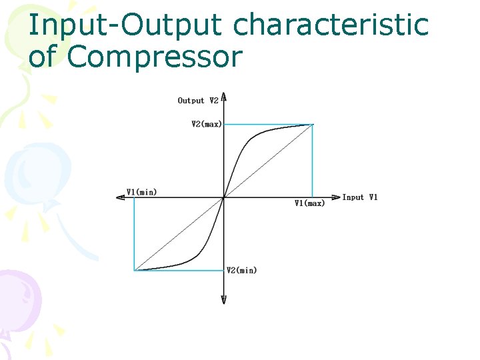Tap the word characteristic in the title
(331, 25)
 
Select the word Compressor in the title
(154, 57)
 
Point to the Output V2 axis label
(198, 101)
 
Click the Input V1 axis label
(360, 197)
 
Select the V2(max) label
(206, 124)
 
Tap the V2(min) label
(241, 270)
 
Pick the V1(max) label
(309, 203)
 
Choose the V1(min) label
(141, 192)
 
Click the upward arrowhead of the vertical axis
(224, 96)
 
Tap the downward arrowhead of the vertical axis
(224, 300)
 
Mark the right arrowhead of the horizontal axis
(336, 197)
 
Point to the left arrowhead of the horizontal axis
(120, 197)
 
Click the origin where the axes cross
(224, 197)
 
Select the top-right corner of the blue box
(313, 124)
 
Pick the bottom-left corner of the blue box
(135, 270)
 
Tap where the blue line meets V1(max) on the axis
(313, 197)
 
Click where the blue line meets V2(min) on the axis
(224, 270)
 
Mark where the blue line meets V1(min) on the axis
(135, 197)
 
